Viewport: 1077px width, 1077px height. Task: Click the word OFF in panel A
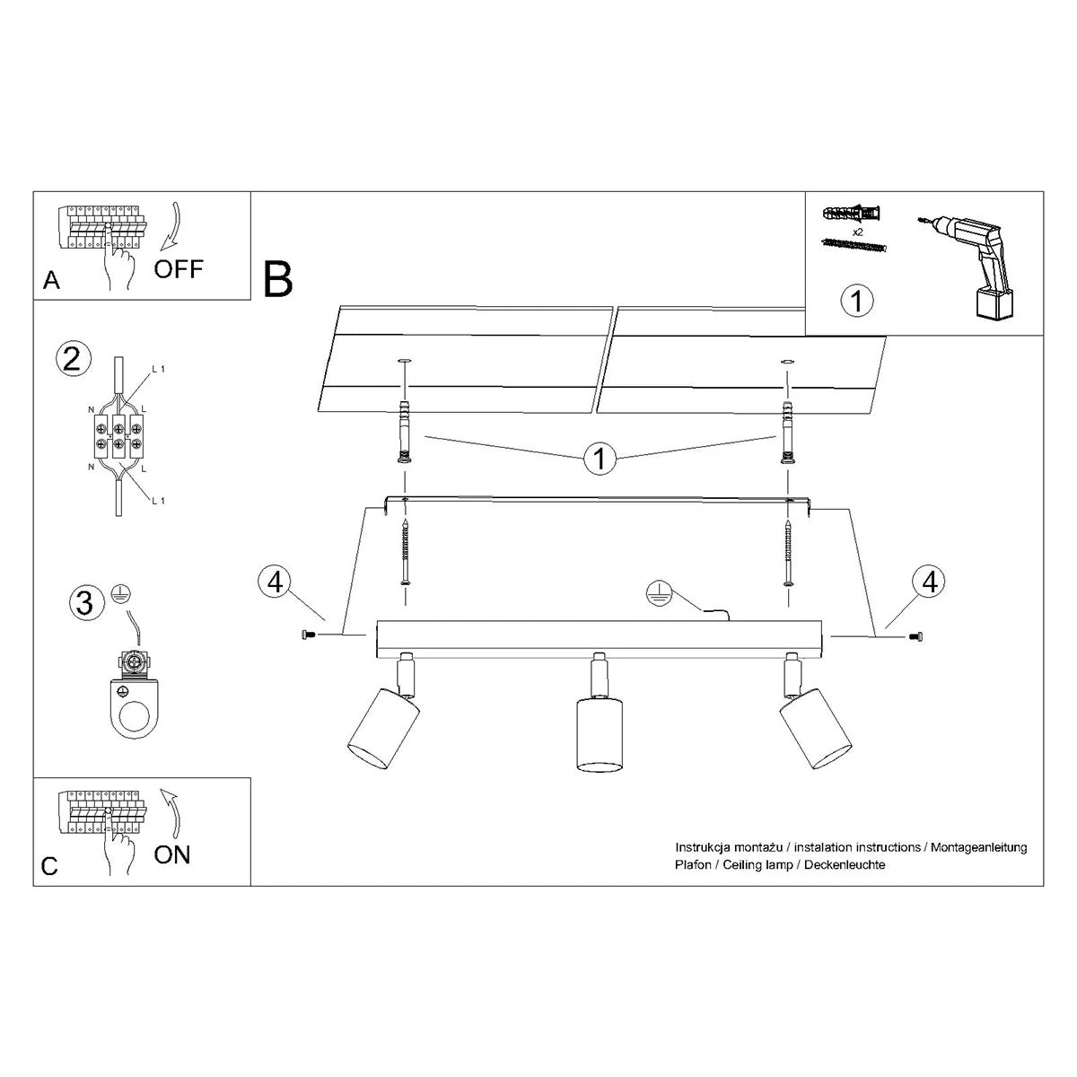point(179,267)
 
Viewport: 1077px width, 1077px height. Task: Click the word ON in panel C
point(172,854)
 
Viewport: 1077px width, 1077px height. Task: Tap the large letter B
point(278,279)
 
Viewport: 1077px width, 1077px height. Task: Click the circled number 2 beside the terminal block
point(73,358)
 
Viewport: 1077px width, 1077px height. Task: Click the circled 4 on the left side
point(275,582)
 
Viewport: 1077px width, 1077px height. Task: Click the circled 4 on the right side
point(929,582)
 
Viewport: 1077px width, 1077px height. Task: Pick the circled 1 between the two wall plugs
point(600,460)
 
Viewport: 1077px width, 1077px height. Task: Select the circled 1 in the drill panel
point(857,301)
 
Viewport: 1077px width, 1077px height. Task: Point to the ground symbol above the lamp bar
point(661,591)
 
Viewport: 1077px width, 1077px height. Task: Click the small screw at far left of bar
point(307,635)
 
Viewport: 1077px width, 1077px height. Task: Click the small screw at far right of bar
point(916,636)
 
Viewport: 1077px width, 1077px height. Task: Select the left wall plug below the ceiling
point(402,429)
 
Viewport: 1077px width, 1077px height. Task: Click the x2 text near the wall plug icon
point(857,232)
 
